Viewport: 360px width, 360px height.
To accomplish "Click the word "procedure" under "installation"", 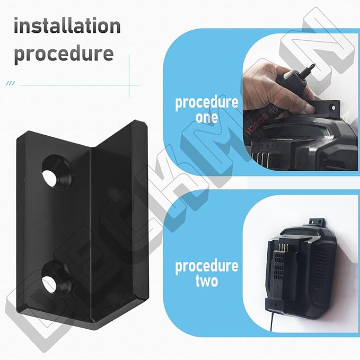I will (64, 54).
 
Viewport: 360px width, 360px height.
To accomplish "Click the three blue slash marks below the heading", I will (10, 84).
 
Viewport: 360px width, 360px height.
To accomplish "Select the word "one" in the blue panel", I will (207, 117).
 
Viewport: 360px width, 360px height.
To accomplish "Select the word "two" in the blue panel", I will (207, 280).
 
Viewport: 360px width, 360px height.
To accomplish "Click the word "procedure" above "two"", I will (207, 265).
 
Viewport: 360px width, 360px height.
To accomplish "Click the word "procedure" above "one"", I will (207, 102).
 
